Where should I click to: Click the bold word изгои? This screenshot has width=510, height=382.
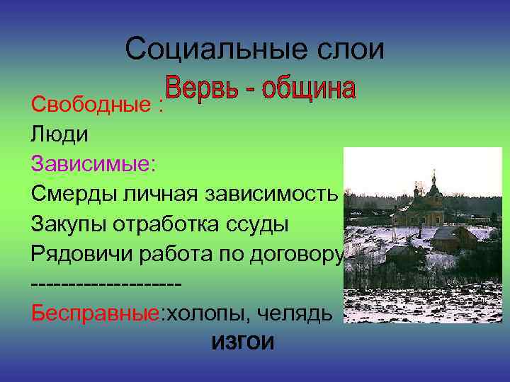pyautogui.click(x=242, y=342)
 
